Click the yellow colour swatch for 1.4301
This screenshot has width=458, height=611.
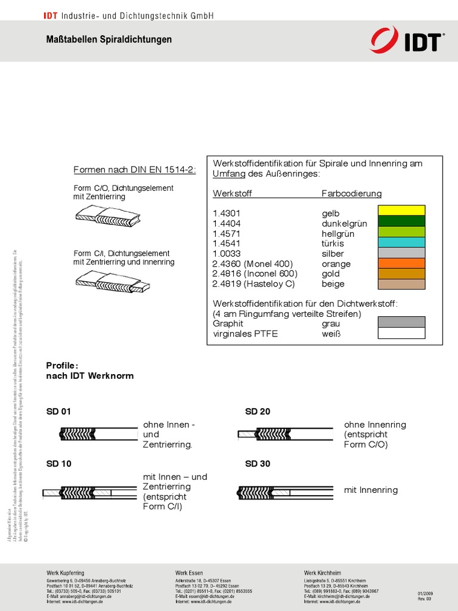pyautogui.click(x=401, y=210)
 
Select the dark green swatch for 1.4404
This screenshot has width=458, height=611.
pyautogui.click(x=401, y=221)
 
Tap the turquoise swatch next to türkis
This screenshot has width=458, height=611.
pyautogui.click(x=401, y=242)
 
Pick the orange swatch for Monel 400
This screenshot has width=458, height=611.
pyautogui.click(x=401, y=263)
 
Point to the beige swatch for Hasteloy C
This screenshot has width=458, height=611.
pyautogui.click(x=401, y=284)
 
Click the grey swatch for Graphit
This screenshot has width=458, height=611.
pyautogui.click(x=401, y=322)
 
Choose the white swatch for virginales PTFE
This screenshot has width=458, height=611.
pyautogui.click(x=401, y=333)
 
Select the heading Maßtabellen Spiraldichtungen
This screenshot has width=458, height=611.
pyautogui.click(x=109, y=39)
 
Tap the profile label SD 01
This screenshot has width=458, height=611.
pyautogui.click(x=58, y=412)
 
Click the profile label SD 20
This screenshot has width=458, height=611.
pyautogui.click(x=258, y=412)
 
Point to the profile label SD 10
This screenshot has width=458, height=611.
pyautogui.click(x=58, y=464)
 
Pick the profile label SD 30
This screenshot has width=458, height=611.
pyautogui.click(x=258, y=464)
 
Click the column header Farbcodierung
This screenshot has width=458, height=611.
pyautogui.click(x=351, y=194)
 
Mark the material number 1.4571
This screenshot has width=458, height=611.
pyautogui.click(x=225, y=234)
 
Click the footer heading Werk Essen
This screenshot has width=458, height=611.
pyautogui.click(x=188, y=573)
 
